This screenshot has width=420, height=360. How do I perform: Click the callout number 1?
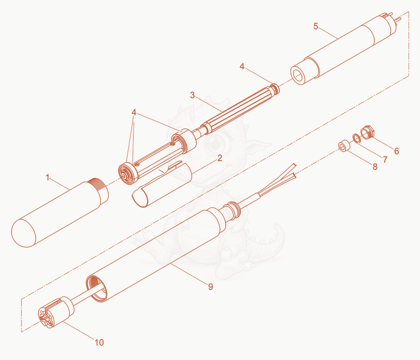click(48, 177)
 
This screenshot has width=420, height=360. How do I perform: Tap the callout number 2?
click(219, 158)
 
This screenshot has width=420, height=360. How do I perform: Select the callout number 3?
click(192, 95)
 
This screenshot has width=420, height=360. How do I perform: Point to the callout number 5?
click(316, 26)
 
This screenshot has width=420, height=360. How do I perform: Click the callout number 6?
click(397, 151)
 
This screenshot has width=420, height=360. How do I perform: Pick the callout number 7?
click(385, 160)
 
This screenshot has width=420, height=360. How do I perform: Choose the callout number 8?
click(375, 167)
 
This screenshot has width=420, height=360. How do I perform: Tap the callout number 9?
click(211, 287)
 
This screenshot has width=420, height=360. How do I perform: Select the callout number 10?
click(99, 342)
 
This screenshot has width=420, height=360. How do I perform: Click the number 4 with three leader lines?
click(134, 112)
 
